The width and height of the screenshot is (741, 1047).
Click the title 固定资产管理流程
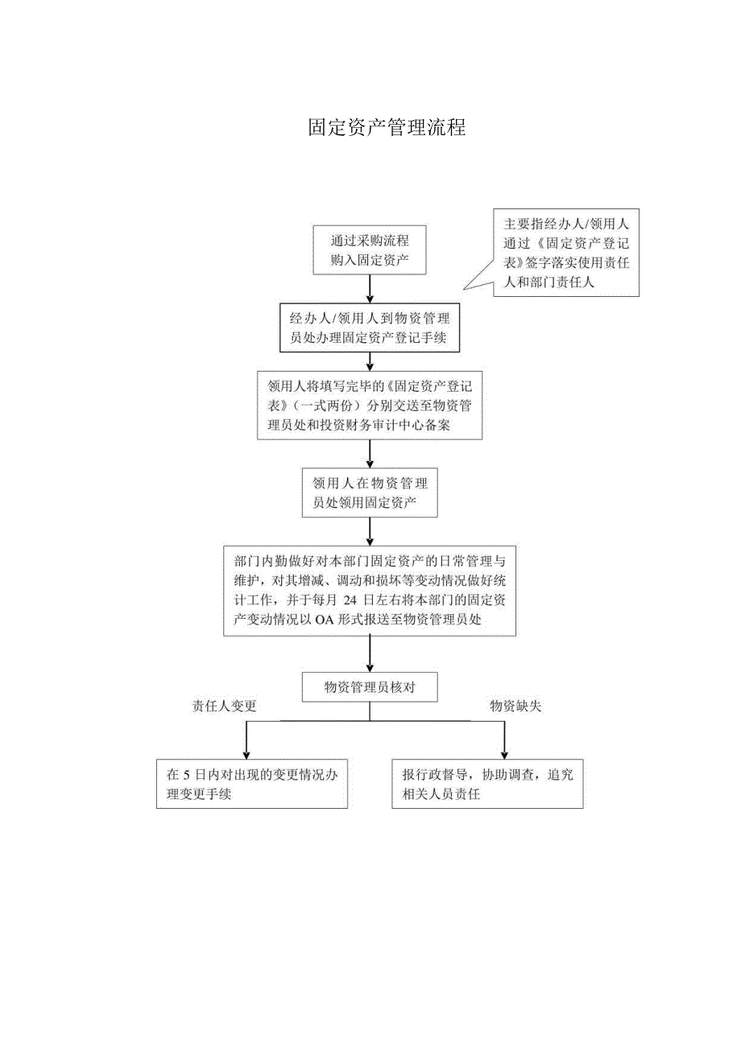tap(387, 128)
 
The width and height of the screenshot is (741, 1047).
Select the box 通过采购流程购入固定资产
tap(370, 249)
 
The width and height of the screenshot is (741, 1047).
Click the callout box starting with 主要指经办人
tap(565, 253)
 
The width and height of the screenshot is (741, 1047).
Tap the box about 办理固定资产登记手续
tap(370, 328)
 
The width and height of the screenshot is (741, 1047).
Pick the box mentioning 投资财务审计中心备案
tap(370, 406)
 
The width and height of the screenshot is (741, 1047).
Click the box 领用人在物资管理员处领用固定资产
tap(370, 493)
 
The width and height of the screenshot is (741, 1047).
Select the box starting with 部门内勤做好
tap(370, 591)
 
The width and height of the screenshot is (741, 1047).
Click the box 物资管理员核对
tap(370, 686)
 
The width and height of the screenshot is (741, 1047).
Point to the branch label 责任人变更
tap(224, 707)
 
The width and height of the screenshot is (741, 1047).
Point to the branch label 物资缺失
tap(516, 707)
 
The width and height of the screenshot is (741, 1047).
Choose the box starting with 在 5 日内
tap(252, 784)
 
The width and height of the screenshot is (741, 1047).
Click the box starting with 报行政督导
tap(487, 784)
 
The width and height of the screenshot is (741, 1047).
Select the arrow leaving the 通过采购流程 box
tap(370, 288)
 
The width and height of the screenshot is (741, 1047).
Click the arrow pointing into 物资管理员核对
tap(370, 653)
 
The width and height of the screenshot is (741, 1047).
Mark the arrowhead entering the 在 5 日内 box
tap(246, 753)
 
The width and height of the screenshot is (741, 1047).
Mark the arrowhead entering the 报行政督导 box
tap(504, 753)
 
